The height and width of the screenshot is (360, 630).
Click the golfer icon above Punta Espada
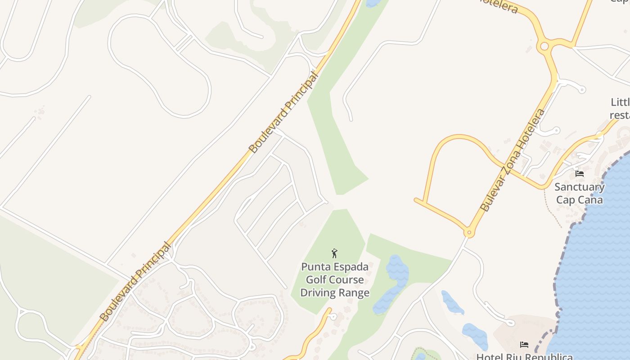[x=334, y=253]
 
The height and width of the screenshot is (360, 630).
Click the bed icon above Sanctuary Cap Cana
[x=580, y=173]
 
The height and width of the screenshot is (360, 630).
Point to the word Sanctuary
[x=579, y=187]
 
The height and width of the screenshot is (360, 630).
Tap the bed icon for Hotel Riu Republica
[x=524, y=345]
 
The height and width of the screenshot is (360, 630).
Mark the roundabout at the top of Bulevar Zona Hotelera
[x=544, y=46]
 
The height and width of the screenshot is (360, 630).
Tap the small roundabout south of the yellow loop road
[x=469, y=233]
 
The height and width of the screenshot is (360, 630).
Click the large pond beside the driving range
[x=391, y=283]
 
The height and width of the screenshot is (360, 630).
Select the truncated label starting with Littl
[x=620, y=108]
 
